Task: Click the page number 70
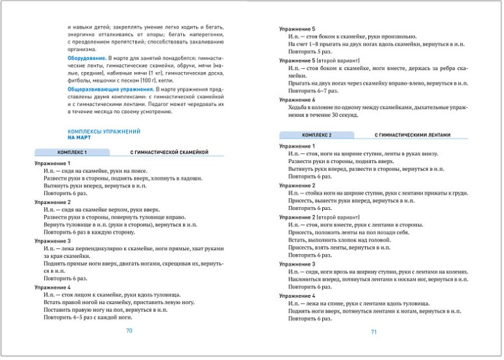129,331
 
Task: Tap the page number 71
373,332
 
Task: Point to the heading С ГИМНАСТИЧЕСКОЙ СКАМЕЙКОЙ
168,151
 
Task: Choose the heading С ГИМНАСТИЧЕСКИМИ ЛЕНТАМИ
412,135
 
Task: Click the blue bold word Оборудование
87,58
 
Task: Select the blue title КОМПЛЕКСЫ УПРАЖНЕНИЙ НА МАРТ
104,135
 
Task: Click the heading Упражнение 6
297,99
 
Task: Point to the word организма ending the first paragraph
82,49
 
